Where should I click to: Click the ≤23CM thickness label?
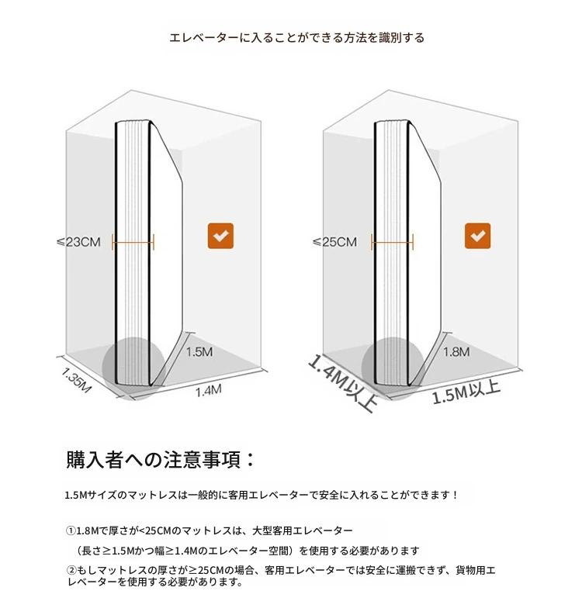coord(78,242)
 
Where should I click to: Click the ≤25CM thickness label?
coord(334,242)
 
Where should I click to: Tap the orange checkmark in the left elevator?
coord(220,236)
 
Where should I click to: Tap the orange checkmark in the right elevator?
coord(477,236)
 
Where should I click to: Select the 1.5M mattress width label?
coord(199,352)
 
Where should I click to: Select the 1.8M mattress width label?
coord(456,352)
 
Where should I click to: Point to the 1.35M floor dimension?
coord(76,380)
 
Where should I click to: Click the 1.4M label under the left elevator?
coord(209,390)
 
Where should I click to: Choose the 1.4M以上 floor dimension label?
coord(343,383)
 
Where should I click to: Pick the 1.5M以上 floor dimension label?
coord(466,392)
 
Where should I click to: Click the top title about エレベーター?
coord(297,38)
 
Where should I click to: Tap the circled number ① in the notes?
coord(71,530)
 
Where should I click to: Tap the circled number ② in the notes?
coord(71,570)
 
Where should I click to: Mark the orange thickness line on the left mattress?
coord(133,243)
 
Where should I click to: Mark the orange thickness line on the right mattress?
coord(392,243)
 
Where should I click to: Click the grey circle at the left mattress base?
coord(133,368)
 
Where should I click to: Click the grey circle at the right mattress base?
coord(393,368)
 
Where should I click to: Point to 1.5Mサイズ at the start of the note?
coord(85,495)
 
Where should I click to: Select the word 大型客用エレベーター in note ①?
coord(303,530)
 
